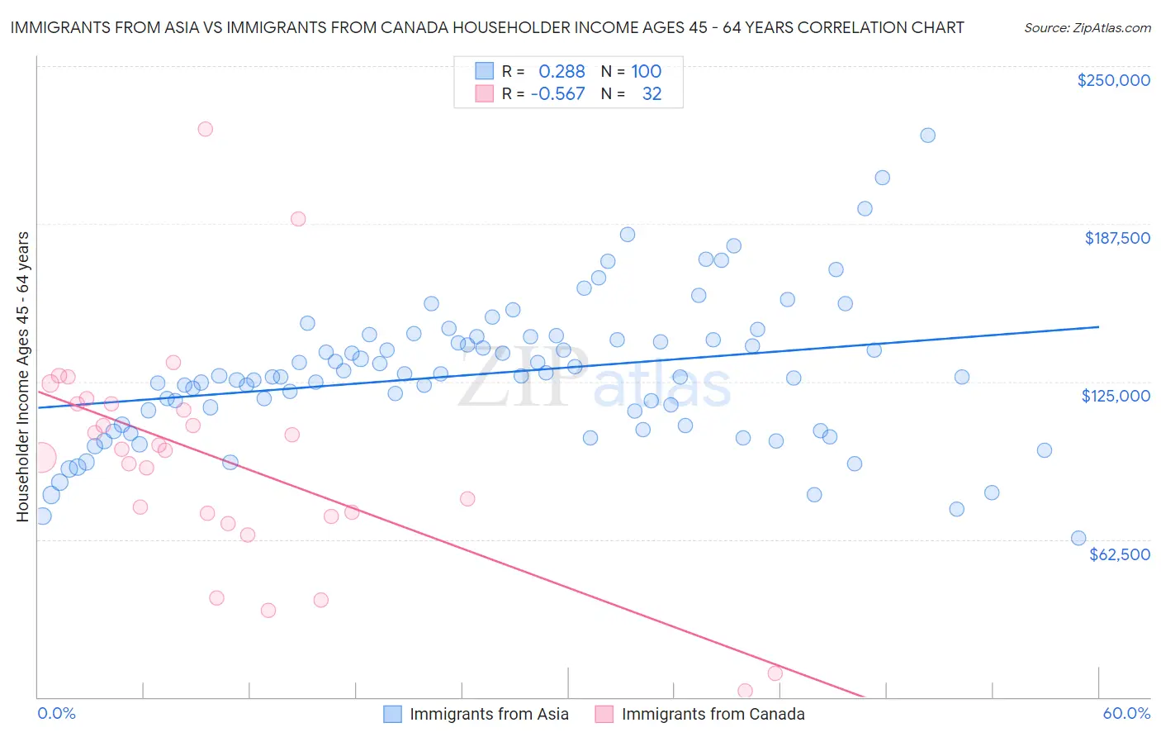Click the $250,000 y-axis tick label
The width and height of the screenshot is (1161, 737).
[x=1113, y=80]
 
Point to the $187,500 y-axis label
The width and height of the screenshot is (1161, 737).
[x=1116, y=238]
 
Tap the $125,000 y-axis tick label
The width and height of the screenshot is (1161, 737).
[x=1116, y=396]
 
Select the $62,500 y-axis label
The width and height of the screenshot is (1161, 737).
[x=1119, y=554]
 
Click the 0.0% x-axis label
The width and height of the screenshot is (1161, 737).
[x=56, y=713]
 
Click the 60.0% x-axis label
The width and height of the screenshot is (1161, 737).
[x=1126, y=713]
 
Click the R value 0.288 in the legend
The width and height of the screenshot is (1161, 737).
[x=562, y=72]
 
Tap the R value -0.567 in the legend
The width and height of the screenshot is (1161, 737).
[x=557, y=94]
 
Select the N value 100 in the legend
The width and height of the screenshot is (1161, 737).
[x=646, y=72]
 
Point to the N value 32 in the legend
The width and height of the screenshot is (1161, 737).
[x=652, y=94]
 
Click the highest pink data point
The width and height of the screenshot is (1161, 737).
[x=206, y=129]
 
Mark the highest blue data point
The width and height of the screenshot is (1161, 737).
[x=927, y=136]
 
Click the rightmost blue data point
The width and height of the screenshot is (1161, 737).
[x=1078, y=538]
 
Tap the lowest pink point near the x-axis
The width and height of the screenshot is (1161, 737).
[x=745, y=691]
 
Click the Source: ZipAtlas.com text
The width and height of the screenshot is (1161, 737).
[x=1087, y=28]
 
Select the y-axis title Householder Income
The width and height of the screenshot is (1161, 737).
[x=22, y=377]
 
